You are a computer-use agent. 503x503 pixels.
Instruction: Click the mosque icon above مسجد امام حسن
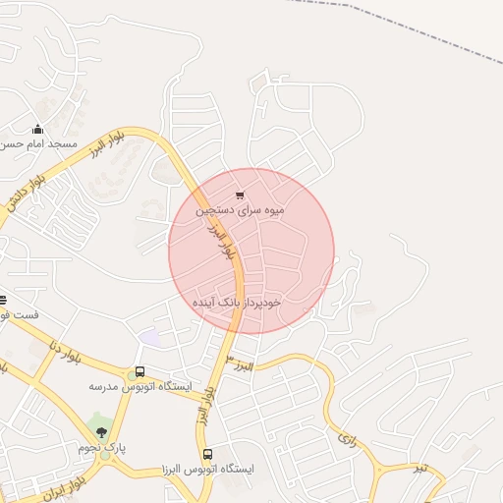38,129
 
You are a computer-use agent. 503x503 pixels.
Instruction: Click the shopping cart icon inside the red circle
241,195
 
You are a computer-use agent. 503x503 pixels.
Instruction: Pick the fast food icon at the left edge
3,300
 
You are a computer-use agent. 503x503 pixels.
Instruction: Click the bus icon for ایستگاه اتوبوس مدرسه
140,373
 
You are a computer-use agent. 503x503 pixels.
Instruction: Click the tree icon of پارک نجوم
102,432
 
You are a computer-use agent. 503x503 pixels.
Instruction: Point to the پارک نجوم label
103,448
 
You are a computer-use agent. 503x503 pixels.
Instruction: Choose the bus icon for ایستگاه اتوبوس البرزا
207,455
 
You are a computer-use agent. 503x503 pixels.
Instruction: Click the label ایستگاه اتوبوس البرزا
207,470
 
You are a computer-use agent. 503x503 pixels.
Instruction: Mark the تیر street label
420,467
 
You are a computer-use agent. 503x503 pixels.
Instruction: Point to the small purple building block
149,338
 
